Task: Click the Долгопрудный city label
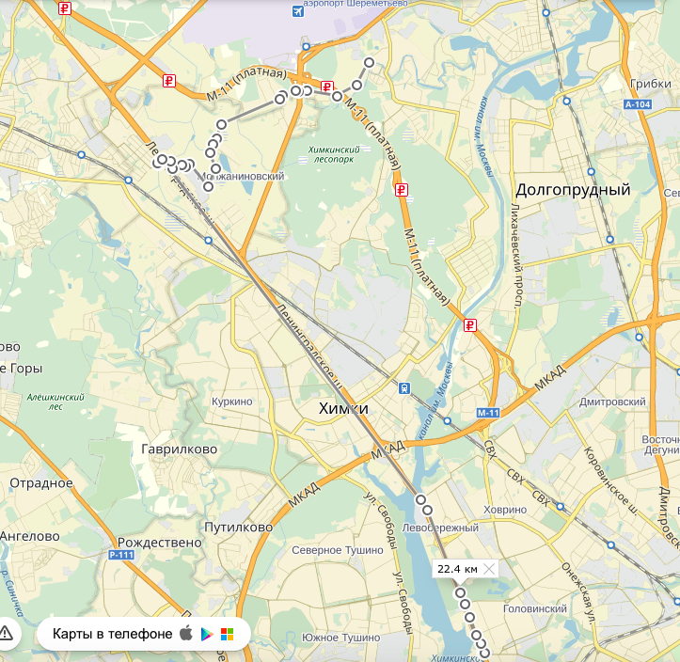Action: (x=573, y=190)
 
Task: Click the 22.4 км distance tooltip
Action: (x=458, y=569)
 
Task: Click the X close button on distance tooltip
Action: (x=489, y=569)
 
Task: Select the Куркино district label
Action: (x=232, y=402)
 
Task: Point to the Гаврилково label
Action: (x=179, y=449)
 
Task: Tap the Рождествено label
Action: (x=160, y=543)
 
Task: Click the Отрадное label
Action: (x=41, y=483)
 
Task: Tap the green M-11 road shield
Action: (x=487, y=413)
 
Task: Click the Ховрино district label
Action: (x=506, y=509)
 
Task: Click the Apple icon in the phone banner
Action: (x=185, y=634)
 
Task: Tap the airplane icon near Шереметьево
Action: (x=299, y=10)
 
